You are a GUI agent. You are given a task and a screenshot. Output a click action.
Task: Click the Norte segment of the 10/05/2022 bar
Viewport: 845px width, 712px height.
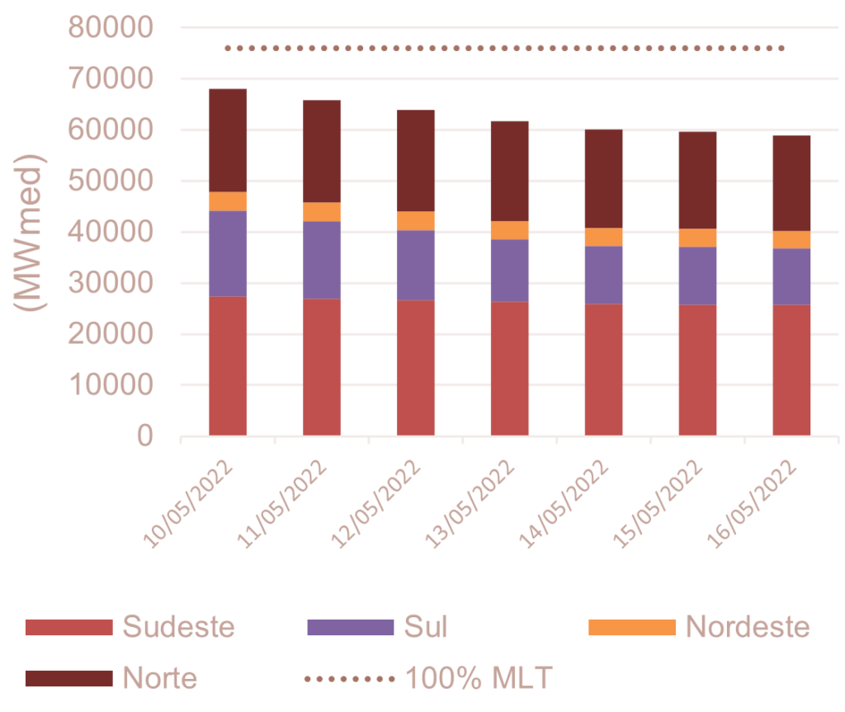(x=228, y=140)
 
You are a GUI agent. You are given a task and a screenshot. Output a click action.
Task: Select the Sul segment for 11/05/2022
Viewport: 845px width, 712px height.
(x=322, y=260)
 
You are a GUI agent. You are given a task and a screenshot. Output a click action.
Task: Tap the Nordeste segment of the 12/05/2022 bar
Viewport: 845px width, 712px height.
(x=416, y=220)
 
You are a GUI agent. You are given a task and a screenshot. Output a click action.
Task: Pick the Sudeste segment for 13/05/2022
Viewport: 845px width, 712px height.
(x=510, y=368)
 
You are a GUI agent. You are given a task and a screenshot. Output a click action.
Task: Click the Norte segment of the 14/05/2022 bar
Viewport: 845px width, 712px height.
(x=604, y=178)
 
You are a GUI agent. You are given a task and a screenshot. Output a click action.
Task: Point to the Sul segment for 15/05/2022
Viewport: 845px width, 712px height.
(x=698, y=276)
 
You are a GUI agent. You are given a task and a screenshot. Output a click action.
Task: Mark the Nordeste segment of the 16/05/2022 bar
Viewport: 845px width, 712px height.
(x=792, y=239)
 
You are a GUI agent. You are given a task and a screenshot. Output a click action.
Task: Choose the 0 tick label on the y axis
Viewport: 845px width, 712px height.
(x=145, y=436)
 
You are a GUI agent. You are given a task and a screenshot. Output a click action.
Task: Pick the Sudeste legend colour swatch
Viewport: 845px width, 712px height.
(x=68, y=627)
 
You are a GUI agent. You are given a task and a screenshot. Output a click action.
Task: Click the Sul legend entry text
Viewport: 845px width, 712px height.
(x=426, y=627)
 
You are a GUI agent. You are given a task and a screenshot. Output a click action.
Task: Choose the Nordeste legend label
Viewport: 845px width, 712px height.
(x=748, y=627)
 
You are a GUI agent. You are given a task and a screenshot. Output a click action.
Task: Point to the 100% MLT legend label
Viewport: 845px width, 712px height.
(x=478, y=679)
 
